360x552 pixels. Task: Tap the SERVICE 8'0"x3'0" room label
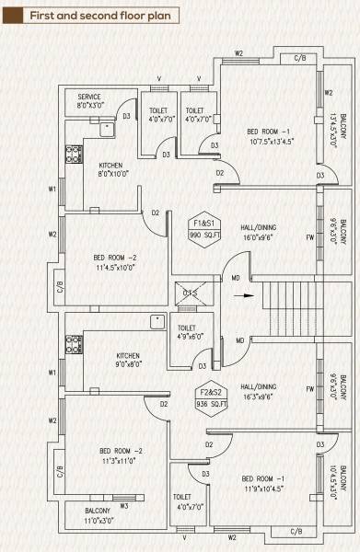(x=89, y=100)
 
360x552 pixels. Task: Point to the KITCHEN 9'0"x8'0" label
(x=128, y=360)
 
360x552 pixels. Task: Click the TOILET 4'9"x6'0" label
(x=187, y=332)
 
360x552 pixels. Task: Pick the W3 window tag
(x=123, y=506)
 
